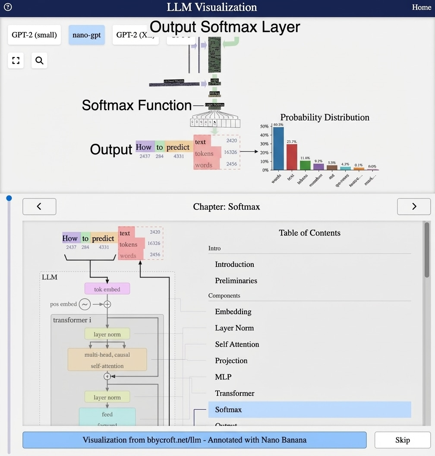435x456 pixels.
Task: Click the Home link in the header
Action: [421, 7]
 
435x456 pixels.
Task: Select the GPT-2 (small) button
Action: [34, 35]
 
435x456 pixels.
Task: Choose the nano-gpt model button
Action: [86, 35]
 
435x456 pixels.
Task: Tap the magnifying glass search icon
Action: [39, 60]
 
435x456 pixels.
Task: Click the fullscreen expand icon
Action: [16, 60]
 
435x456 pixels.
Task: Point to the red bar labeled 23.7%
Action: [292, 157]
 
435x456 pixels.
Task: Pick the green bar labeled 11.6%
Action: [305, 165]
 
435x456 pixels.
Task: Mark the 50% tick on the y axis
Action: [264, 127]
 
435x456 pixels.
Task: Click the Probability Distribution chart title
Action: [325, 117]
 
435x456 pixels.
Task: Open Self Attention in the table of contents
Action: [237, 344]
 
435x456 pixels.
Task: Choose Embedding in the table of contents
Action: [233, 311]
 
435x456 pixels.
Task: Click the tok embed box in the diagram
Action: [107, 289]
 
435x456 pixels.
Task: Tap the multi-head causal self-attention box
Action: [107, 360]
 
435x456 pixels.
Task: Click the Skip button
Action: [402, 440]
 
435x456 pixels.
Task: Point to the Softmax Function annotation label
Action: [136, 105]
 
